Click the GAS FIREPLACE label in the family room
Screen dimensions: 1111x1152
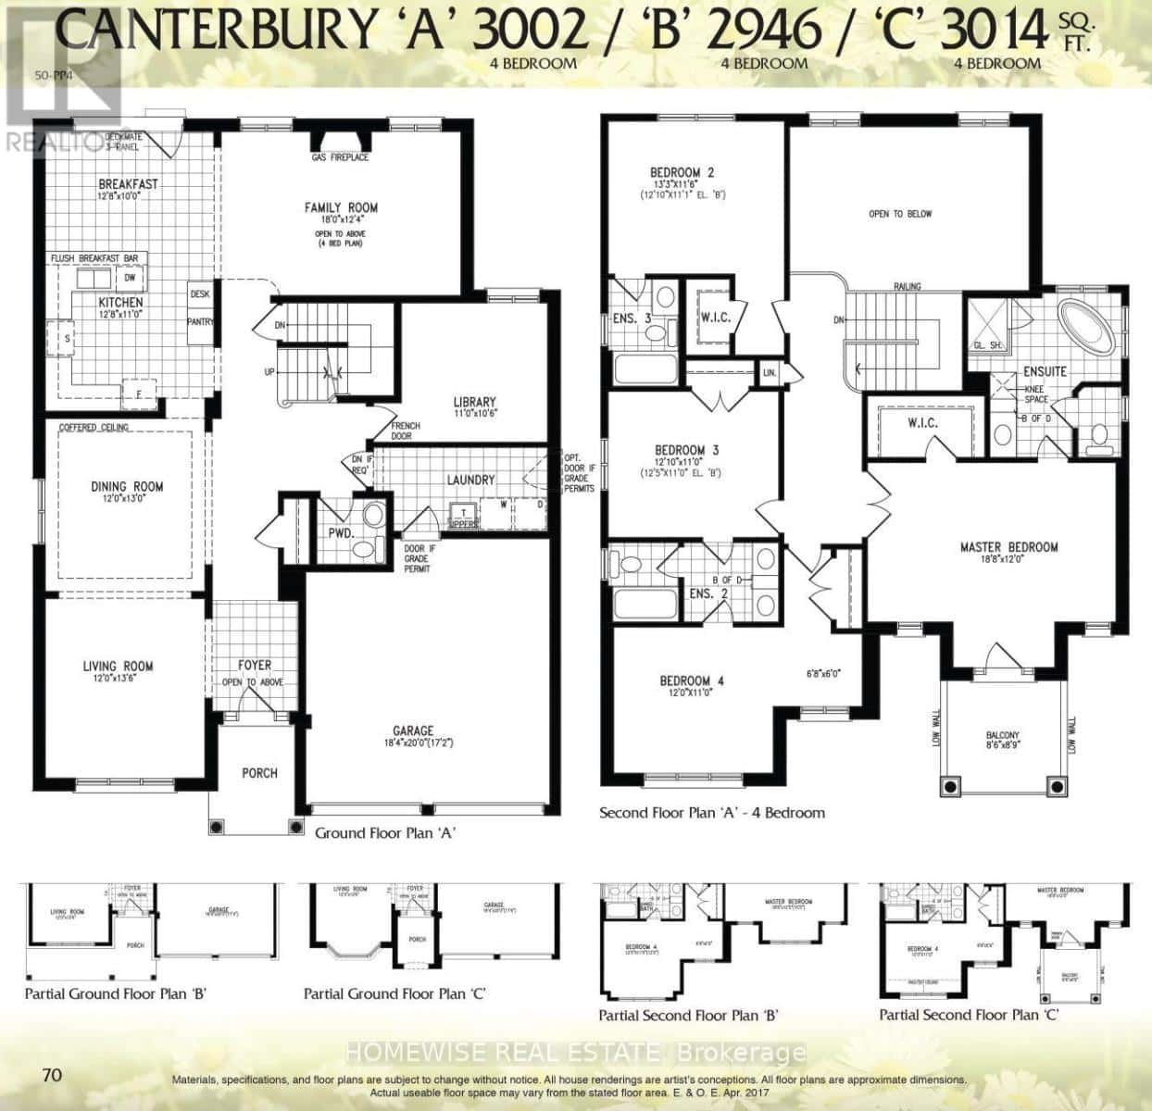tap(340, 157)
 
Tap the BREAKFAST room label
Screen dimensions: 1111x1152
tap(128, 183)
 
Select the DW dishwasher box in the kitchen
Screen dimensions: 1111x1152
tap(131, 278)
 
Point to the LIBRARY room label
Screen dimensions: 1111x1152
tap(474, 402)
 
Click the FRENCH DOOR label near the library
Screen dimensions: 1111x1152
tap(407, 431)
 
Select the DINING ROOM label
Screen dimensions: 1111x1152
tap(127, 486)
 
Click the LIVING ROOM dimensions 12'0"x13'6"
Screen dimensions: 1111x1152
tap(117, 680)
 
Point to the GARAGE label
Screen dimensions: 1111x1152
tap(413, 730)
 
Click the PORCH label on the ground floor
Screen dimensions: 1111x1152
tap(259, 773)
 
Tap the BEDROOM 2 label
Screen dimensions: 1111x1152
tap(682, 172)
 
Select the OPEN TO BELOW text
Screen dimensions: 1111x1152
tap(900, 214)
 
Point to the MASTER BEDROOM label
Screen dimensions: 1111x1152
tap(1008, 547)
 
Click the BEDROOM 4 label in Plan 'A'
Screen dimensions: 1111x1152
tap(692, 680)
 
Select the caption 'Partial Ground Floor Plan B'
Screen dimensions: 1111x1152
tap(115, 994)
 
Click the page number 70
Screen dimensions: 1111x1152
tap(52, 1074)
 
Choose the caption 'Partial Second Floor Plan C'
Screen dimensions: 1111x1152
tap(969, 1015)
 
